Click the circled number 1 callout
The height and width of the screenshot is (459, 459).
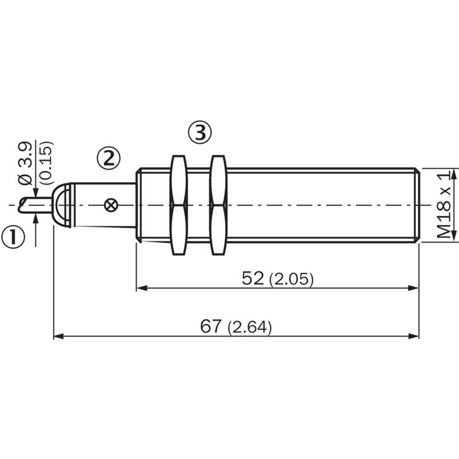point(13,237)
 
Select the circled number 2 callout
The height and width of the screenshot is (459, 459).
point(108,158)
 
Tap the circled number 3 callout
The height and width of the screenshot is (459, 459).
point(199,133)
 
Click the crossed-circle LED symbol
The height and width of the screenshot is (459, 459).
point(111,205)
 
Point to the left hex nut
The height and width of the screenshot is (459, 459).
point(178,205)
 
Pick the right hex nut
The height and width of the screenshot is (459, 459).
point(218,205)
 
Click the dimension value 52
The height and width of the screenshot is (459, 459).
point(252,278)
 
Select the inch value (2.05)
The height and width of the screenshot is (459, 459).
point(291,279)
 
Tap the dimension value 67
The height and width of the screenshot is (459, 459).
point(211,326)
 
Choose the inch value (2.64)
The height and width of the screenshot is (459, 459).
point(250,327)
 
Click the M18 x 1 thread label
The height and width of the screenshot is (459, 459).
point(444,205)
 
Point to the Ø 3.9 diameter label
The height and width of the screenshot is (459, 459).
point(25,164)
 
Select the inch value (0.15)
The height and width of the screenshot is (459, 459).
point(46,163)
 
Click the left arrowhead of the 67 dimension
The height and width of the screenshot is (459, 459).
point(59,336)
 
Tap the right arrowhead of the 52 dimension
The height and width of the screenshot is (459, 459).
point(414,288)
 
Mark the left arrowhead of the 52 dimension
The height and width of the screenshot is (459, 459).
point(142,288)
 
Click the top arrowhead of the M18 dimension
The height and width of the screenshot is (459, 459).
point(454,174)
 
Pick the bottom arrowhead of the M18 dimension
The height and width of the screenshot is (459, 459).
point(454,236)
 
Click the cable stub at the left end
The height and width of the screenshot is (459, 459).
point(35,205)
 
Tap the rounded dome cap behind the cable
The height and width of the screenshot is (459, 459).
point(61,205)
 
